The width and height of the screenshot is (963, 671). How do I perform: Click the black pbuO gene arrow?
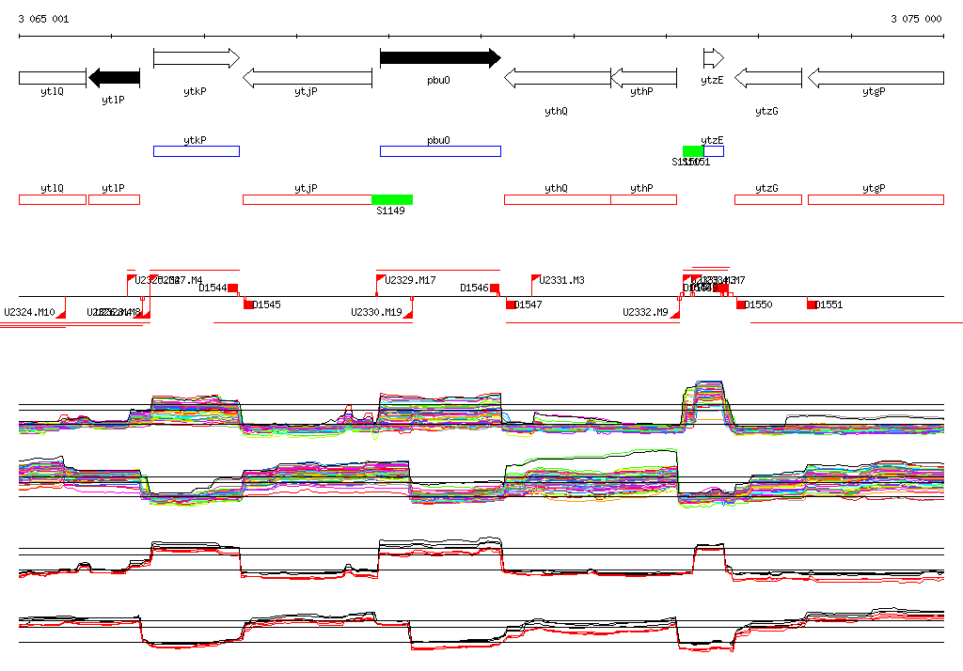[439, 58]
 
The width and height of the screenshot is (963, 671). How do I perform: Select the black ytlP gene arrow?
[114, 78]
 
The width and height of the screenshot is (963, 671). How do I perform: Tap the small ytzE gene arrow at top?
[713, 58]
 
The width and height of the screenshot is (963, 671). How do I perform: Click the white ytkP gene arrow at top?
[196, 58]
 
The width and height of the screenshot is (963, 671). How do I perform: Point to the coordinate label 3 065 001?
[43, 19]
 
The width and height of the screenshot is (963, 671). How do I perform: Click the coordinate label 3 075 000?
[916, 19]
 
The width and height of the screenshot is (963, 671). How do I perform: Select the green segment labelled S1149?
[392, 199]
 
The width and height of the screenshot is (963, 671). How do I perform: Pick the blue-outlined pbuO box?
[440, 151]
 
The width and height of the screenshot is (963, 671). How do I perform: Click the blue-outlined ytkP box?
[196, 151]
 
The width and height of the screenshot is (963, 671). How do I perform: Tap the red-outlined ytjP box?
[307, 199]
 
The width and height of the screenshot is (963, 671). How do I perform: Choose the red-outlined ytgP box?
[875, 199]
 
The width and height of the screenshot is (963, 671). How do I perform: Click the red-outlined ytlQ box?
[53, 199]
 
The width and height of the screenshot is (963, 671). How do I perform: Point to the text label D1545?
[267, 304]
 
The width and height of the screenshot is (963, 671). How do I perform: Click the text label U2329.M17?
[411, 281]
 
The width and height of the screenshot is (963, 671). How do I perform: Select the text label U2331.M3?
[562, 281]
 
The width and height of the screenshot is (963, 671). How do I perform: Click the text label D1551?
[829, 304]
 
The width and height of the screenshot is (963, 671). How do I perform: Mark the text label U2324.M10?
[30, 312]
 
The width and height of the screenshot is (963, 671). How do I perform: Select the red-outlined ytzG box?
[767, 199]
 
